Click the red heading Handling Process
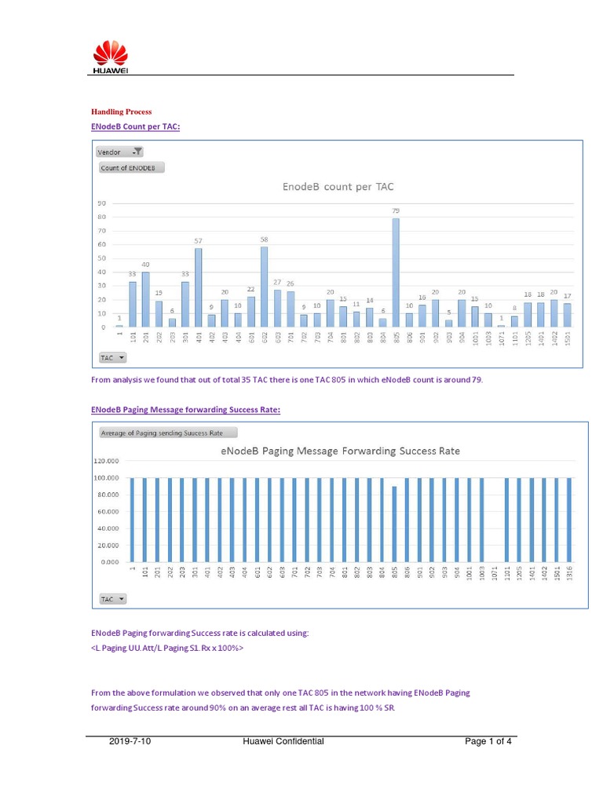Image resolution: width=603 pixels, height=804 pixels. click(122, 112)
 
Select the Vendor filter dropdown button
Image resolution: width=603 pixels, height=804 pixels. click(119, 152)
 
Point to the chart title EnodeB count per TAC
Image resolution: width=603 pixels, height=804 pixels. click(338, 187)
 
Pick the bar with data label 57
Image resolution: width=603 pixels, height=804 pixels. click(198, 287)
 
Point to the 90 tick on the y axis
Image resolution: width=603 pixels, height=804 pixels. click(101, 203)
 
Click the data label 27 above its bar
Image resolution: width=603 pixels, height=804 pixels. click(277, 282)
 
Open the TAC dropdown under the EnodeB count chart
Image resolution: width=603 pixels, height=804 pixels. click(112, 357)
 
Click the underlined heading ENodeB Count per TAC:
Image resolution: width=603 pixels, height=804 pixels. click(135, 126)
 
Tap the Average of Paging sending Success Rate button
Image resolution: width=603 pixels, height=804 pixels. click(167, 433)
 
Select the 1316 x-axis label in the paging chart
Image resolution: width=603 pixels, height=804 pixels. click(570, 576)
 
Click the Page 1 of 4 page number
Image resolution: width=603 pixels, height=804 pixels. click(488, 740)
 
